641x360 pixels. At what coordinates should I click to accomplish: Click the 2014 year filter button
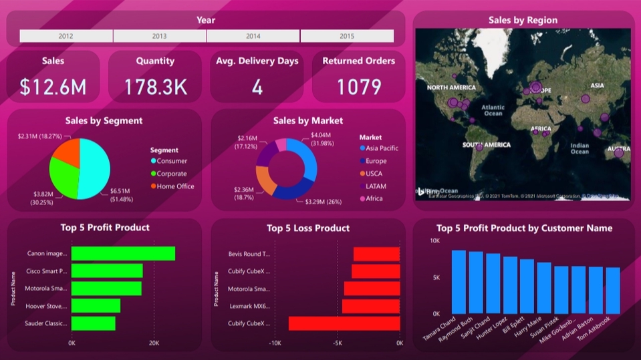[x=253, y=36]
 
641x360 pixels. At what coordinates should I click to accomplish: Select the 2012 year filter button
[x=66, y=36]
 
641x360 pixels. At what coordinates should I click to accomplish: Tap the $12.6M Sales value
[x=52, y=87]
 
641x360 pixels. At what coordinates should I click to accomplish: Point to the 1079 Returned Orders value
[x=358, y=87]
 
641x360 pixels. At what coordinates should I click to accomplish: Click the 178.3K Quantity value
[x=155, y=87]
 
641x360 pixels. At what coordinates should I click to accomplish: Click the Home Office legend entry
[x=175, y=186]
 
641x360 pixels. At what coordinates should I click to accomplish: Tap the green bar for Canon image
[x=123, y=254]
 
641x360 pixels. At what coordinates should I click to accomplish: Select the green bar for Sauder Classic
[x=93, y=323]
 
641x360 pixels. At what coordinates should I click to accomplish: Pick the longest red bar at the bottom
[x=344, y=323]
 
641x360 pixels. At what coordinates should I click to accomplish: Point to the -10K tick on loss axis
[x=275, y=343]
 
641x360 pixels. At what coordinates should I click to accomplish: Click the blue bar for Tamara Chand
[x=459, y=281]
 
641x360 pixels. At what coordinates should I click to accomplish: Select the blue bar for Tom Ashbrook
[x=613, y=290]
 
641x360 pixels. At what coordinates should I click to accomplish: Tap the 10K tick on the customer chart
[x=434, y=240]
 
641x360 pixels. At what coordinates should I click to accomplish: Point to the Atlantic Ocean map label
[x=493, y=110]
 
